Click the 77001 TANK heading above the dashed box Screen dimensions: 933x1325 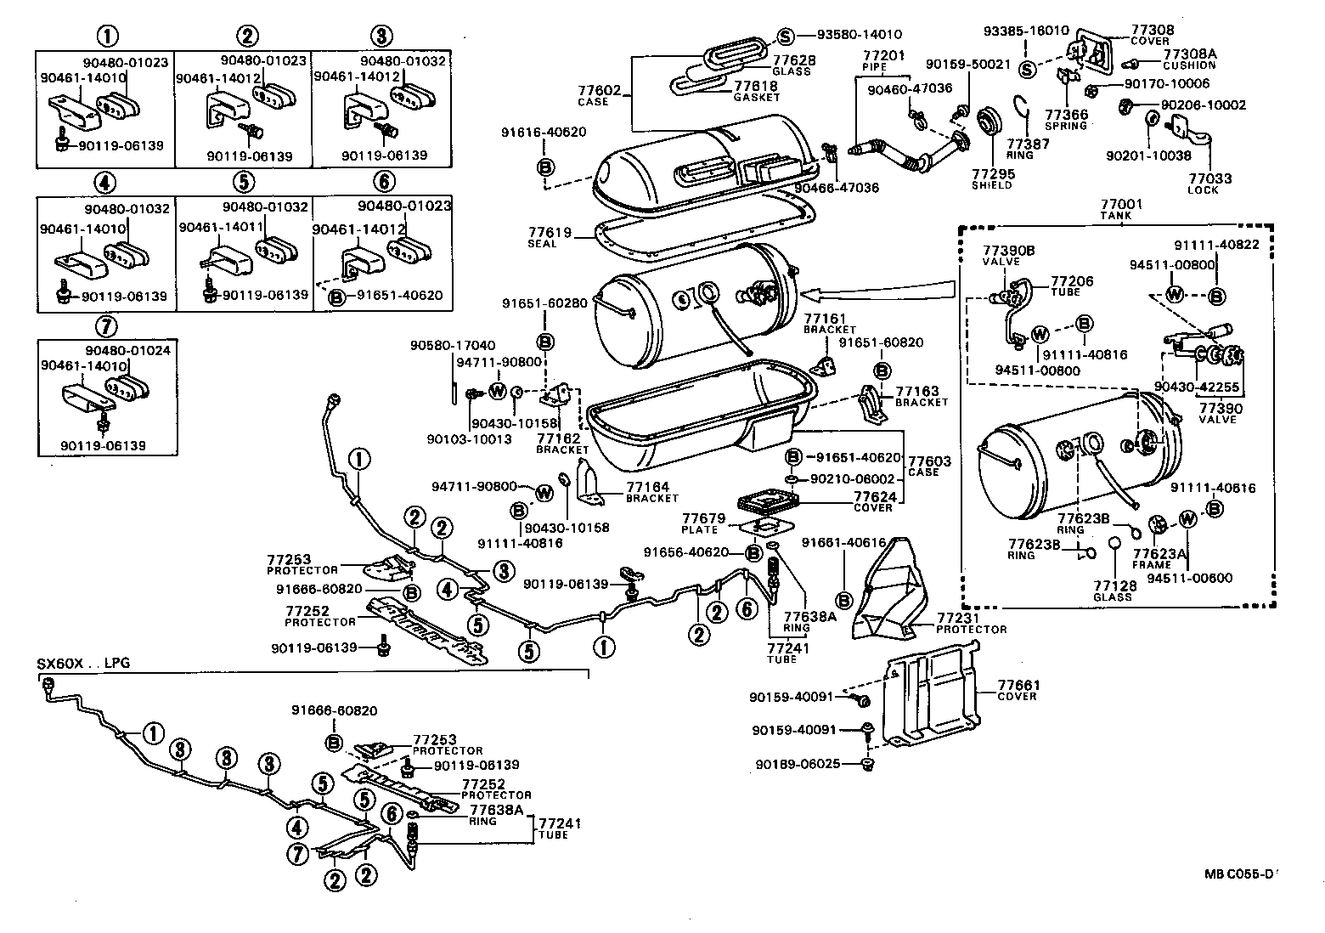coord(1121,210)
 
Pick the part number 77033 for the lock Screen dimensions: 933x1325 coord(1209,179)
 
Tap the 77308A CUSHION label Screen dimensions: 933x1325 coord(1189,59)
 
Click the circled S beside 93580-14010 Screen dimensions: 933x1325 coord(785,36)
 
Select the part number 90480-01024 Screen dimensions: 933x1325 coord(120,348)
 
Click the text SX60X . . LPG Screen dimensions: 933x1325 coord(83,663)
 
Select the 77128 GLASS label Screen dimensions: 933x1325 coord(1114,591)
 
